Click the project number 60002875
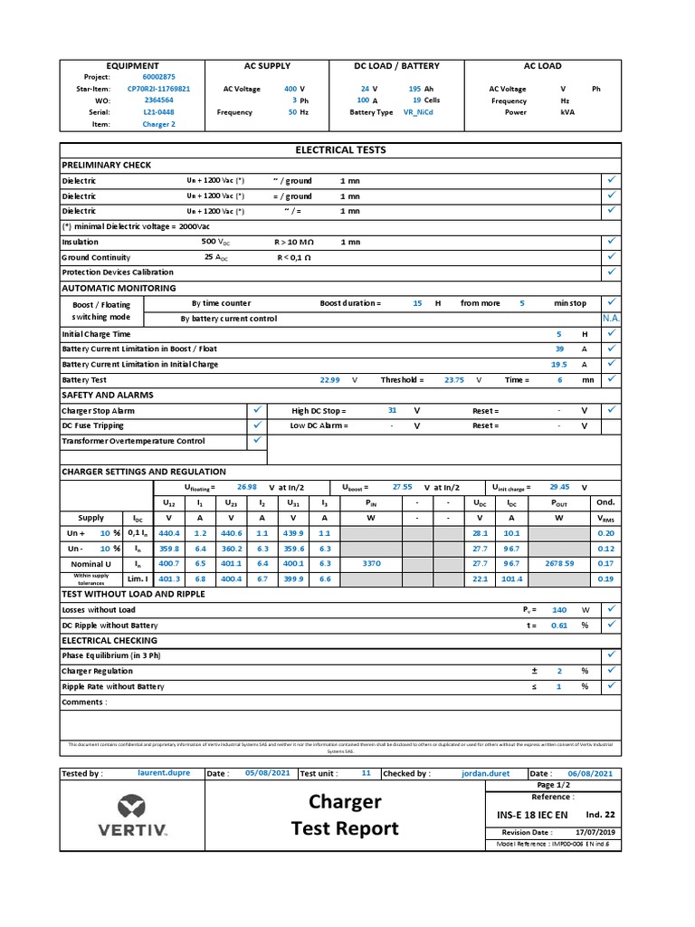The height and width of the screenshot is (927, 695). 159,77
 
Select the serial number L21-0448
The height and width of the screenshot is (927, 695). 159,112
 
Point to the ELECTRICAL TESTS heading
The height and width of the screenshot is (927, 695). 340,149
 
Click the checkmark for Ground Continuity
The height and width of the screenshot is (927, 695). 611,257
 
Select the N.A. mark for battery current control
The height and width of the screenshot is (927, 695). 611,319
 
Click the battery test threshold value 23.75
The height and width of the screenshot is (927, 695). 453,380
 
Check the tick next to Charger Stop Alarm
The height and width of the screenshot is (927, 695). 256,410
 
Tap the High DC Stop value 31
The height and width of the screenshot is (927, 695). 392,410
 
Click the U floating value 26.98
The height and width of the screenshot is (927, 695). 246,486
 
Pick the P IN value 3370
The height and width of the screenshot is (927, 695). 371,562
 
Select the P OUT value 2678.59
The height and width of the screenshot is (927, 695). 560,562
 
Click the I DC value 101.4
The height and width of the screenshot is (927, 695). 511,578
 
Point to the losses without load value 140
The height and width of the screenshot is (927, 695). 559,610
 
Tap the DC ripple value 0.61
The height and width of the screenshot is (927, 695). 559,626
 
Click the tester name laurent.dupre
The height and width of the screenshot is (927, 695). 164,773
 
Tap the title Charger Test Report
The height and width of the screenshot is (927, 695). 345,815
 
